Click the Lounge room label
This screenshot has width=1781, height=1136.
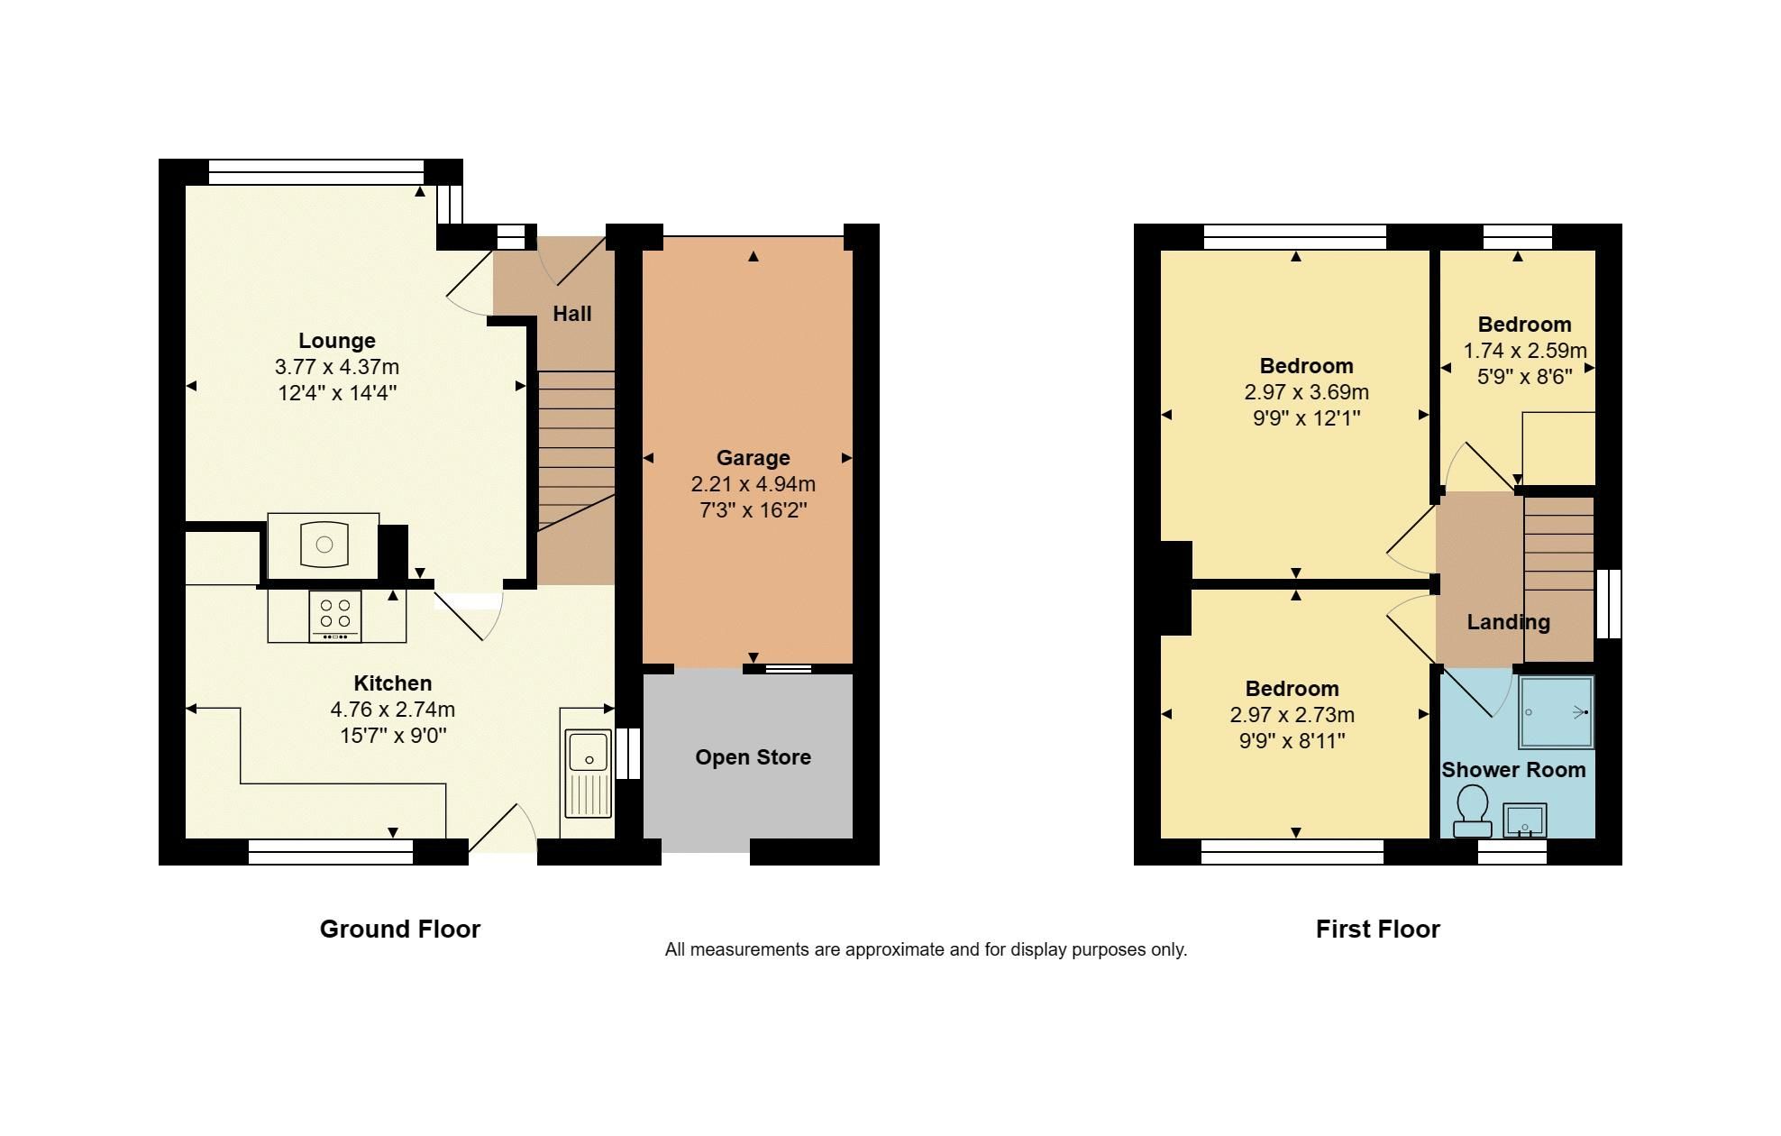[336, 341]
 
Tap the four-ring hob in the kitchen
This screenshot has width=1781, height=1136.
[335, 616]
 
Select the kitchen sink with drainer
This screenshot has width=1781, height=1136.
[588, 772]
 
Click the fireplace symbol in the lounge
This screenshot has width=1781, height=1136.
[324, 544]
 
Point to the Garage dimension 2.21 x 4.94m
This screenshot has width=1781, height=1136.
[753, 484]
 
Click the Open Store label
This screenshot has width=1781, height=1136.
[753, 757]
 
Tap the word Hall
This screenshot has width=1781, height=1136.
[571, 314]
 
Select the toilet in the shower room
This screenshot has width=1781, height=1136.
[1473, 810]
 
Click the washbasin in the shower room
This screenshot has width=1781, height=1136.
[1524, 820]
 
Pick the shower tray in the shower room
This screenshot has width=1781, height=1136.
[1557, 712]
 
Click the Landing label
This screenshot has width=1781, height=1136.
[1508, 622]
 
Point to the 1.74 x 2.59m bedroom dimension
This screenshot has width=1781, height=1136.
[1525, 351]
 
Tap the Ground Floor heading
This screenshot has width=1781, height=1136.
[400, 930]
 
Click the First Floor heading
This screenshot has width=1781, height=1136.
[1377, 930]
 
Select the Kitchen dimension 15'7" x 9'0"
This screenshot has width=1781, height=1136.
[392, 736]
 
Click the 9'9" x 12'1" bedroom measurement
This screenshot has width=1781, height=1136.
[1306, 418]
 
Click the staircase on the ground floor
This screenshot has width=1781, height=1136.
[577, 451]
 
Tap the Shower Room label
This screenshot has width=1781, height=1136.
[1513, 770]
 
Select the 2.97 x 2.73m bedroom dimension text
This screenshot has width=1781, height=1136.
[1292, 715]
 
